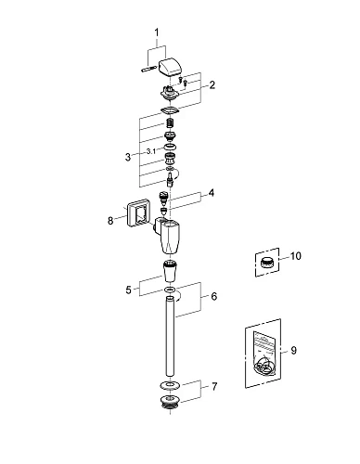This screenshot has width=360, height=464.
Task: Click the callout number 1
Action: coord(157,32)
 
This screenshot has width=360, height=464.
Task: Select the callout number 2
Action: coord(212,84)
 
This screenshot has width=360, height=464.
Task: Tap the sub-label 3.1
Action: coord(151,151)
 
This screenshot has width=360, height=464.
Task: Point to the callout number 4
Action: coord(211,193)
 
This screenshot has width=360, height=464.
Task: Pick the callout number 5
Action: coord(129,290)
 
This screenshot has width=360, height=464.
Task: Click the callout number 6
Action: coord(214,296)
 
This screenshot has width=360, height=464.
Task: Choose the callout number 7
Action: coord(214,386)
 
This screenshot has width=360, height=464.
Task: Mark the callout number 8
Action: coord(110,221)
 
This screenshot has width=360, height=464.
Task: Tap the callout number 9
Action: coord(293,351)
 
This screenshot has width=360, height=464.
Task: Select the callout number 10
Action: coord(295,256)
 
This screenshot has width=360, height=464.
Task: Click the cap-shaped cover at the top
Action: coord(169,66)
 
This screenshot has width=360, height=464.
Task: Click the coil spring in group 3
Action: coord(170,123)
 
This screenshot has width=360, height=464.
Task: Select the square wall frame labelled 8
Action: coord(135,213)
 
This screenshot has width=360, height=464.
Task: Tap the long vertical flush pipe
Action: coord(170,337)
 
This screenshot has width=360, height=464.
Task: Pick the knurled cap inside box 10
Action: coord(266,263)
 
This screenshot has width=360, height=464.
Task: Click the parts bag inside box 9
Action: coord(264,354)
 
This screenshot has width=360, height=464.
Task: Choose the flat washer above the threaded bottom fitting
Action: coord(170,385)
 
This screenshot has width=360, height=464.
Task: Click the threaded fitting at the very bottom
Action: coord(170,402)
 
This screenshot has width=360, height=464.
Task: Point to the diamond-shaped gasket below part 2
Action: coord(170,110)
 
